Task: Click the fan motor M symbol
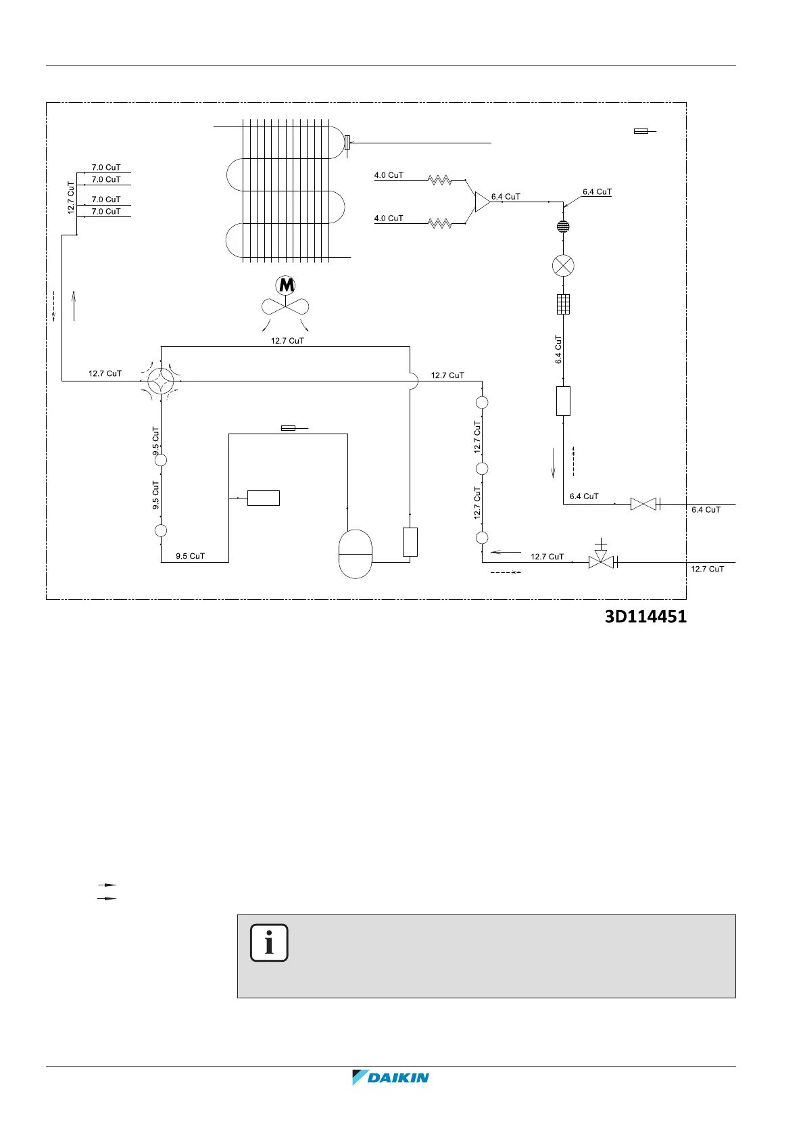pyautogui.click(x=286, y=285)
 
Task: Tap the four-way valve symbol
pyautogui.click(x=161, y=381)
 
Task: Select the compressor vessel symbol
pyautogui.click(x=355, y=554)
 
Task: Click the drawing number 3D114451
pyautogui.click(x=645, y=617)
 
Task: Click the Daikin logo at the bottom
pyautogui.click(x=391, y=1077)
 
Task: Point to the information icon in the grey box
pyautogui.click(x=269, y=942)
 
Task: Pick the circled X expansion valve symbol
pyautogui.click(x=563, y=265)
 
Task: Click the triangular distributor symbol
pyautogui.click(x=482, y=202)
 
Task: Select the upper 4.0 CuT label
pyautogui.click(x=389, y=175)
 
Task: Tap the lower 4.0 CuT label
pyautogui.click(x=389, y=218)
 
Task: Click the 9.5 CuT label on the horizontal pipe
pyautogui.click(x=190, y=556)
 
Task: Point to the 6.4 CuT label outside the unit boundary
pyautogui.click(x=706, y=510)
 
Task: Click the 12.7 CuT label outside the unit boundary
pyautogui.click(x=707, y=569)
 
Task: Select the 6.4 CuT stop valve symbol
pyautogui.click(x=643, y=504)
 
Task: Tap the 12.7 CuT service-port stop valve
pyautogui.click(x=600, y=561)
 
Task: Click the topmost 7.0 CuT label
pyautogui.click(x=106, y=167)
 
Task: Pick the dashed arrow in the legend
pyautogui.click(x=107, y=885)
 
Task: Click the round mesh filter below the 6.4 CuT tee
pyautogui.click(x=563, y=227)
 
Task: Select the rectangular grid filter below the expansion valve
pyautogui.click(x=563, y=304)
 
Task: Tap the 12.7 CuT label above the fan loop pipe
pyautogui.click(x=287, y=341)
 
